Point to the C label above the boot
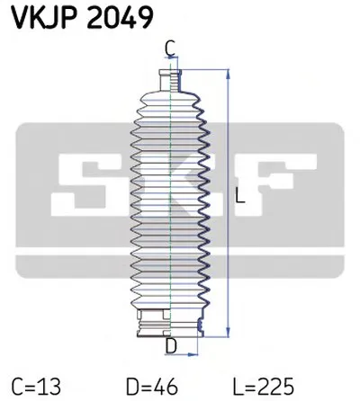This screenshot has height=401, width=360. [x=170, y=49]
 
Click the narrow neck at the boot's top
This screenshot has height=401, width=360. [x=168, y=78]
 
